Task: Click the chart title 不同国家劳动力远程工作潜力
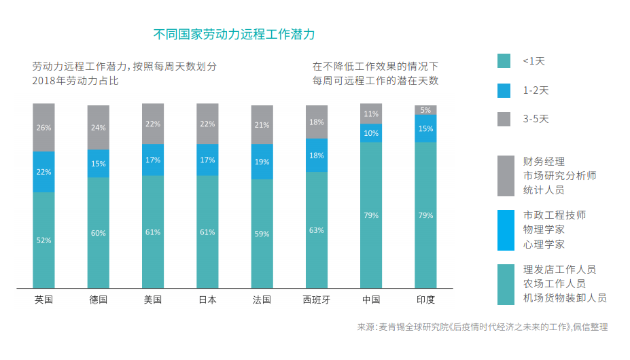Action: (234, 34)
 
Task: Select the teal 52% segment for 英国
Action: (43, 240)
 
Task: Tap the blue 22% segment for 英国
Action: (43, 172)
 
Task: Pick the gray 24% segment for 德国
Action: (98, 127)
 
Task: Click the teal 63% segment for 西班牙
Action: (316, 230)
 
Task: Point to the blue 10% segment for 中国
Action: (371, 133)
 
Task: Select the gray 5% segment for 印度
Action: (425, 110)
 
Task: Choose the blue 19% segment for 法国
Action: (262, 162)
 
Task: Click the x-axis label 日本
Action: (207, 300)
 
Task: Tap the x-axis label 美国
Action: (152, 300)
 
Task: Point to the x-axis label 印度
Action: (425, 300)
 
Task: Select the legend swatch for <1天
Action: (504, 61)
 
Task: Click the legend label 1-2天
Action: (536, 90)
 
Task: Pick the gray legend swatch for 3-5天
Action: (504, 119)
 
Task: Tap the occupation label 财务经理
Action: (544, 162)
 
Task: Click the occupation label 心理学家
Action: (544, 244)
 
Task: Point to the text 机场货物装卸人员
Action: (564, 298)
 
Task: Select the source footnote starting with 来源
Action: (482, 327)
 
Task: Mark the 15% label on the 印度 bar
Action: (425, 128)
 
